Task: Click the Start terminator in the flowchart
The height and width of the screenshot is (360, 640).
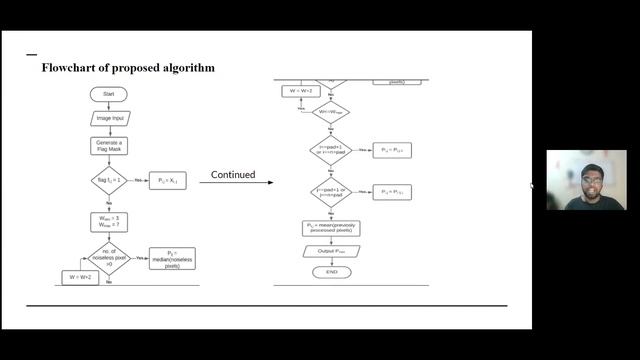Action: [108, 94]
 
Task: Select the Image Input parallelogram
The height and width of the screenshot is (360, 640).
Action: [108, 118]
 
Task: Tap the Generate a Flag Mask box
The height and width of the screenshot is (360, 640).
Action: [108, 146]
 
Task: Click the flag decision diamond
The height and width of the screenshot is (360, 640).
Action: [108, 182]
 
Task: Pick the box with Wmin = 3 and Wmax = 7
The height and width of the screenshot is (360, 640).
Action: [108, 220]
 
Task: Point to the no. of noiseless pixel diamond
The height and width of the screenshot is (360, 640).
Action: [109, 258]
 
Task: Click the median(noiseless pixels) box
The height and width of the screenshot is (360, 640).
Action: [171, 259]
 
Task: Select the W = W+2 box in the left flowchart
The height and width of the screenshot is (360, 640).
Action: [80, 277]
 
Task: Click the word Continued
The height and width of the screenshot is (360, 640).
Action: [233, 176]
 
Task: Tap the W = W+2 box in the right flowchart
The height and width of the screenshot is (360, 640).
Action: [301, 92]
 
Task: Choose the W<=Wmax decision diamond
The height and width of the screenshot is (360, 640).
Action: [330, 112]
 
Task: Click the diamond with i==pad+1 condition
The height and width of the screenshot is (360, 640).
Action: [330, 150]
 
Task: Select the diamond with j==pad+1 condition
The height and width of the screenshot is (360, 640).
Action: [330, 191]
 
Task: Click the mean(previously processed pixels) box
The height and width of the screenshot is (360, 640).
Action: [330, 228]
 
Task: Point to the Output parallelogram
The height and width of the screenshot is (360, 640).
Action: [330, 251]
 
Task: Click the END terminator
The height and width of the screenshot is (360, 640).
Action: [331, 271]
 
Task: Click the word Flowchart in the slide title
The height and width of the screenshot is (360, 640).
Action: [69, 68]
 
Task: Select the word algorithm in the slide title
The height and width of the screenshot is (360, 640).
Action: [186, 68]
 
